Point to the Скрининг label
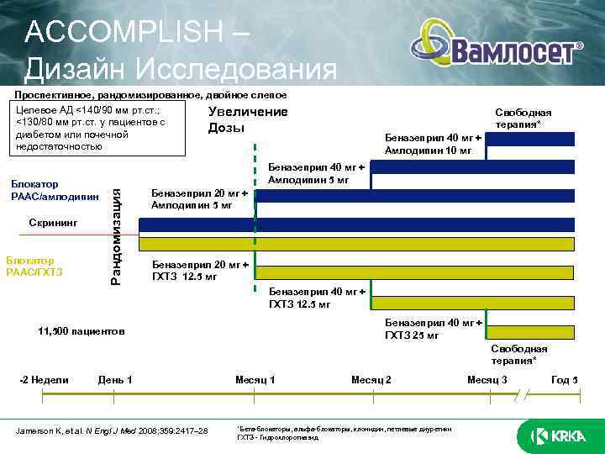pyautogui.click(x=53, y=224)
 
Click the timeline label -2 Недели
pyautogui.click(x=44, y=380)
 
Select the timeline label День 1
pyautogui.click(x=115, y=380)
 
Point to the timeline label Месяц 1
pyautogui.click(x=255, y=380)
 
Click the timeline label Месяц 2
pyautogui.click(x=371, y=380)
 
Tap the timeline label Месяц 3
pyautogui.click(x=487, y=380)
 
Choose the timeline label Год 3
pyautogui.click(x=564, y=380)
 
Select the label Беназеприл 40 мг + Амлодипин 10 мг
pyautogui.click(x=433, y=144)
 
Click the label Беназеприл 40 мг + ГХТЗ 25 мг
pyautogui.click(x=433, y=329)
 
